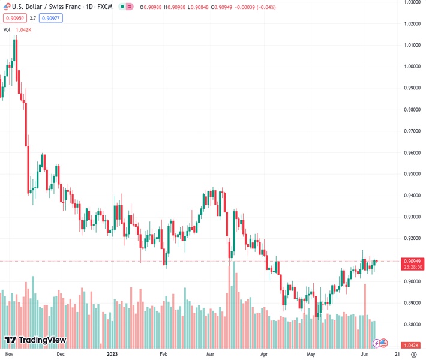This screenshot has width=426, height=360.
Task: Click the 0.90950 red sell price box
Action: (x=13, y=18)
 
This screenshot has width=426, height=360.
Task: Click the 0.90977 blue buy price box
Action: (x=50, y=18)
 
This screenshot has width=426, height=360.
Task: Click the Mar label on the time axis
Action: (x=211, y=355)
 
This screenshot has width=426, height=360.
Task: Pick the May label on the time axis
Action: (x=310, y=355)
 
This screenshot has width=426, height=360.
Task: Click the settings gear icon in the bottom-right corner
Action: (x=413, y=355)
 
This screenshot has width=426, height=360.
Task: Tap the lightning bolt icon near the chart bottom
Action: (x=376, y=343)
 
